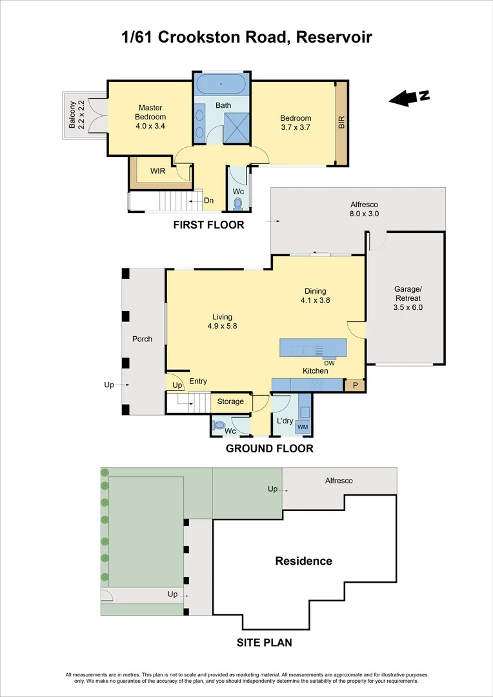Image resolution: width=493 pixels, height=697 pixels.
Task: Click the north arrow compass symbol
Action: coord(409,98)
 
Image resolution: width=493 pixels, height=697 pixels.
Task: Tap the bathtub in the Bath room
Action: coord(221,84)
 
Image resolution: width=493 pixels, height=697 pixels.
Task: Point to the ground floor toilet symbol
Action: coord(219,425)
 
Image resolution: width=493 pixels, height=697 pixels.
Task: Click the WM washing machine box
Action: coord(303,427)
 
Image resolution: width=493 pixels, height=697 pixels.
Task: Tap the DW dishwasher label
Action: coord(329,363)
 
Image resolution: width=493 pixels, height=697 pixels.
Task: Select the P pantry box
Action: coord(355,385)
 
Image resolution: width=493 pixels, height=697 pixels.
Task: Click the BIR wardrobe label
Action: coord(341,123)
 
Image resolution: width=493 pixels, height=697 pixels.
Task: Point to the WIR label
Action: coord(158,171)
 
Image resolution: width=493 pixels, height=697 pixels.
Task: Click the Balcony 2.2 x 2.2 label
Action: coord(76,115)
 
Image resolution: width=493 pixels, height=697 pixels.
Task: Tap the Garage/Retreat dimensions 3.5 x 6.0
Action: coord(408,307)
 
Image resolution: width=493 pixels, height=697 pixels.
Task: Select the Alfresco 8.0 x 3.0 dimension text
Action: coord(364,214)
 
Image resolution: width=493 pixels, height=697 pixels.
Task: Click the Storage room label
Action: coord(230,401)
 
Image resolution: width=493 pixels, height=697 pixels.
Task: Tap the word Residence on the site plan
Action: coord(304,561)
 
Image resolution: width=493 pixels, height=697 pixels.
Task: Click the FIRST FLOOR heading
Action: coord(208,225)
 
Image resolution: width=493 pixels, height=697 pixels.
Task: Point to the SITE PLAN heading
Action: coord(264,642)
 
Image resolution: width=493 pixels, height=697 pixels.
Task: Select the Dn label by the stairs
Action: coord(208,201)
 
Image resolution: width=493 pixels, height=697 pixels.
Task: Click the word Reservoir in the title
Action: coord(334,37)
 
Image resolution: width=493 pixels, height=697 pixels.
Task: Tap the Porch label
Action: coord(142,339)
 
